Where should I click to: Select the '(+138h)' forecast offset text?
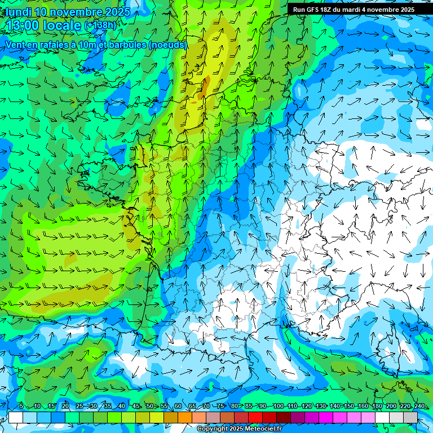click(100, 25)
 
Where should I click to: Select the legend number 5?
click(21, 407)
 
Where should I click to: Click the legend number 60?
click(178, 407)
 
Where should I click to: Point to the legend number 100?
click(278, 407)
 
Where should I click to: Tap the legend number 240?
click(418, 407)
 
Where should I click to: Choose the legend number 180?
click(376, 407)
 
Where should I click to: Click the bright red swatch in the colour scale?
click(255, 417)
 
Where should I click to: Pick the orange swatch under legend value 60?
click(185, 417)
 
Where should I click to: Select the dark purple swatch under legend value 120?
click(298, 417)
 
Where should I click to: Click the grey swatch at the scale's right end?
click(410, 417)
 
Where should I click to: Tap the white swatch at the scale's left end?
click(16, 417)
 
